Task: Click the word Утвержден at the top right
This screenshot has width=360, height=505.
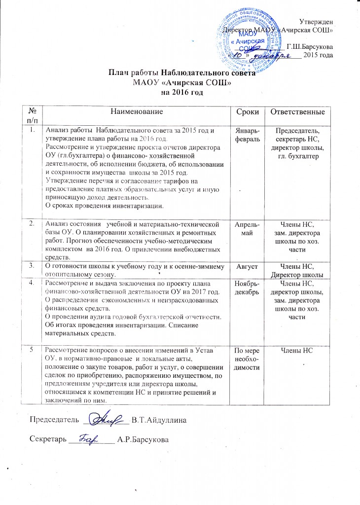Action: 316,21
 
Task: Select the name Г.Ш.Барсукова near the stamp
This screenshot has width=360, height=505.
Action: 309,46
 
